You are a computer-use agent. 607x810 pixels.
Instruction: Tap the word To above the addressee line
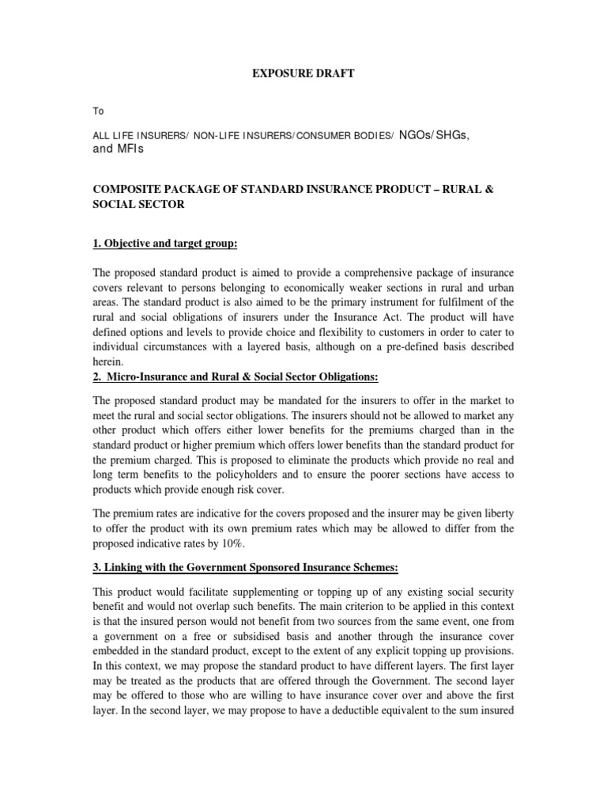click(99, 112)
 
